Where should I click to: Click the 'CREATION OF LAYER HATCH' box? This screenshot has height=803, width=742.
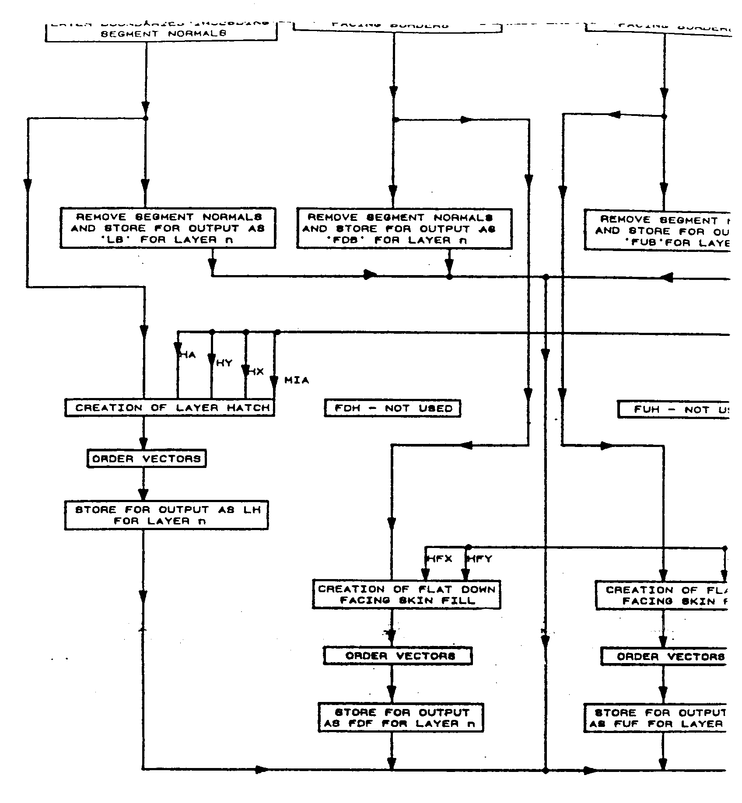tap(170, 408)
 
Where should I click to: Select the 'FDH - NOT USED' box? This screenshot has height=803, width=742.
tap(392, 408)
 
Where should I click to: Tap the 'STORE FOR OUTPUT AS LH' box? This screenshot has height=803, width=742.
tap(166, 515)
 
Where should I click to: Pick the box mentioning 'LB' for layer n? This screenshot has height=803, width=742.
tap(168, 228)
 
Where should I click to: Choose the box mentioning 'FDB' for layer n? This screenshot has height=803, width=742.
tap(404, 229)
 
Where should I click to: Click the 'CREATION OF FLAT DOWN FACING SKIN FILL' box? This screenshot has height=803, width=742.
tap(406, 595)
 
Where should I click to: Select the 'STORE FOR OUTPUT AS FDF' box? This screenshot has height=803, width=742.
tap(401, 718)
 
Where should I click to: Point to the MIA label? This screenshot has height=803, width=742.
tap(297, 381)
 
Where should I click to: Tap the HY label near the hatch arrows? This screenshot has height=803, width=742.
tap(224, 363)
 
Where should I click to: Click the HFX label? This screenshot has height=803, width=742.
tap(439, 559)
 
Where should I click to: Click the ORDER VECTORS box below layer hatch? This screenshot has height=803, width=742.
tap(147, 459)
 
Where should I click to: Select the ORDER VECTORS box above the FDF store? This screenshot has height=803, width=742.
tap(398, 656)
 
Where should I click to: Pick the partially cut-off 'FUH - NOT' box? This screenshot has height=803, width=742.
tap(674, 410)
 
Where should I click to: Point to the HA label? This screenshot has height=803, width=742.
tap(188, 355)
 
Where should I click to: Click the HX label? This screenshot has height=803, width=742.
tap(256, 372)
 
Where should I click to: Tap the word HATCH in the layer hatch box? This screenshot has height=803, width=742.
tap(248, 408)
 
